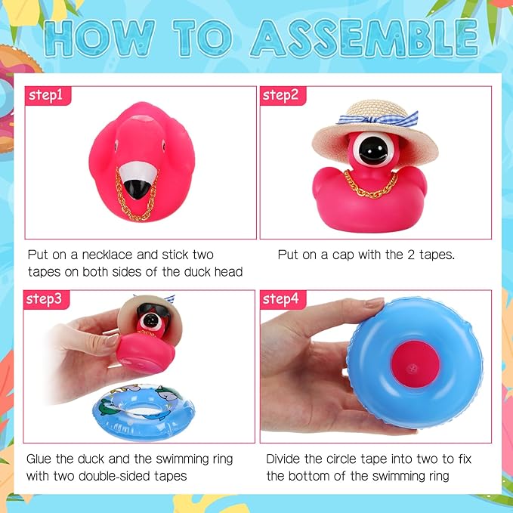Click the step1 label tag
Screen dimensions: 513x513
48,95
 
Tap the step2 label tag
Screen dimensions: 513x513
283,95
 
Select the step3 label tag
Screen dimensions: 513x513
46,299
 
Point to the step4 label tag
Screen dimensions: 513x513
283,299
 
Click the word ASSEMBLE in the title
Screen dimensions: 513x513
365,39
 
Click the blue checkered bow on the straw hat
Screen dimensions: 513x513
379,119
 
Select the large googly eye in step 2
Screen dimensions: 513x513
373,150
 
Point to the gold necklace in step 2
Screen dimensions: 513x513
371,186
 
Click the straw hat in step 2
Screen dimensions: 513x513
375,131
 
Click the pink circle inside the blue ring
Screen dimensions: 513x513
416,364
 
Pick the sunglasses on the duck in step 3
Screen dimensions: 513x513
153,311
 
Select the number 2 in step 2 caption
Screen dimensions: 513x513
411,255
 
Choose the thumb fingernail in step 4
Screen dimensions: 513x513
375,302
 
